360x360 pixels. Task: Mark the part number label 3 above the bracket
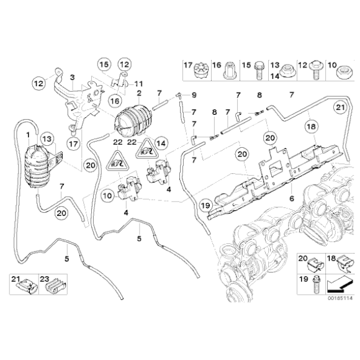[72, 76]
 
